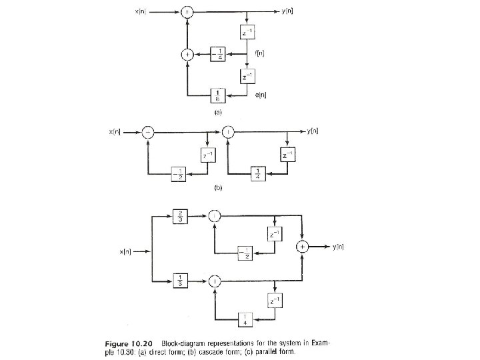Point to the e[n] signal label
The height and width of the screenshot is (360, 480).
[x=261, y=96]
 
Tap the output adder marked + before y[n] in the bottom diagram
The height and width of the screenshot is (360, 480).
[x=303, y=247]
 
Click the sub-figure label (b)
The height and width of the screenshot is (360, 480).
[x=217, y=189]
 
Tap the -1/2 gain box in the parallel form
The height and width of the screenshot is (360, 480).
[x=247, y=255]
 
